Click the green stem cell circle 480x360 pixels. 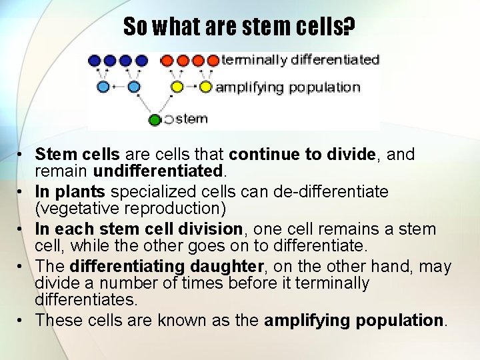(155, 120)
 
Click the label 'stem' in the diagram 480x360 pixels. (191, 119)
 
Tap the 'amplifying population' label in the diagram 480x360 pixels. (287, 87)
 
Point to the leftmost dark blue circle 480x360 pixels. (95, 61)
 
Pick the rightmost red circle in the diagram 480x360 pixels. (213, 61)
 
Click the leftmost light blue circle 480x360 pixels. (103, 87)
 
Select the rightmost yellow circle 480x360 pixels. (206, 87)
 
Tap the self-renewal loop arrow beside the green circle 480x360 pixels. (169, 120)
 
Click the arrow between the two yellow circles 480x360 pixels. (191, 87)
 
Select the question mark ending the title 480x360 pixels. (350, 27)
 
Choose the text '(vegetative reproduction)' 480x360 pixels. (131, 209)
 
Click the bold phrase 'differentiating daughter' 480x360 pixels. (167, 267)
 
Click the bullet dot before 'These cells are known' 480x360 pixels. (22, 321)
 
